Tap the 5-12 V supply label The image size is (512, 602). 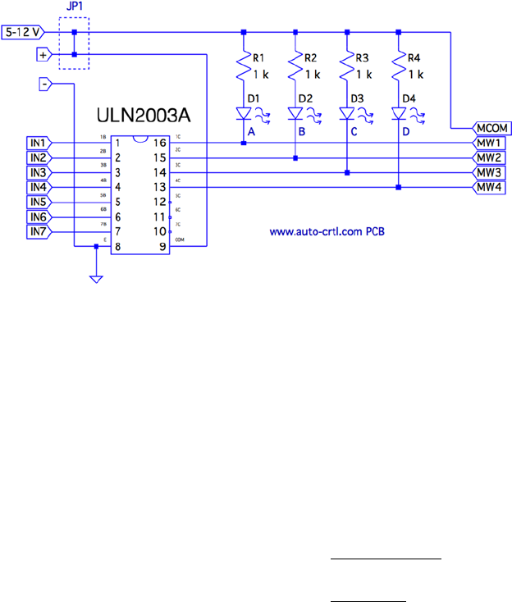[25, 33]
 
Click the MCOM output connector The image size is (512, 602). [491, 129]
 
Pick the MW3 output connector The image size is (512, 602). [491, 173]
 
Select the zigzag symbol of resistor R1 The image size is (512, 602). [244, 68]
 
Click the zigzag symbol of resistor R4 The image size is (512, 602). [398, 68]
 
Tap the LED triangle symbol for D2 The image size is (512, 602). [295, 115]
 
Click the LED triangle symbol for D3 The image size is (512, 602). [346, 115]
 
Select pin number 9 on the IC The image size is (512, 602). [162, 247]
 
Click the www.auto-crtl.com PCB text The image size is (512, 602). [327, 231]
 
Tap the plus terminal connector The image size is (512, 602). [43, 55]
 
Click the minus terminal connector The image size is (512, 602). [44, 84]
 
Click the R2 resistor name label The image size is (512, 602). [309, 59]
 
